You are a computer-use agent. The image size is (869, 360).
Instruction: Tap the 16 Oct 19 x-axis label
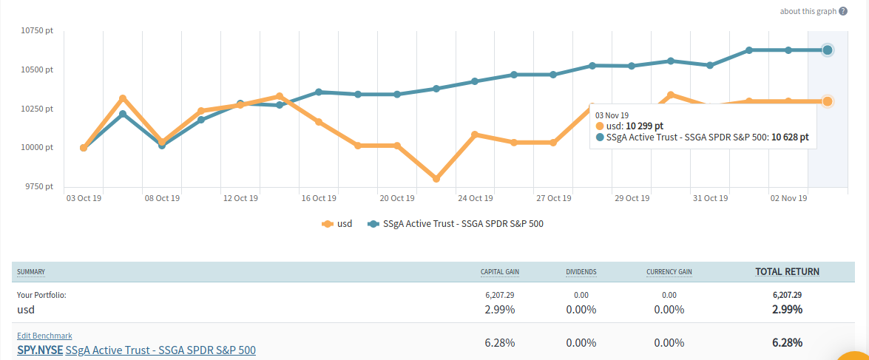pyautogui.click(x=319, y=198)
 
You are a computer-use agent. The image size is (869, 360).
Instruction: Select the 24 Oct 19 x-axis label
pyautogui.click(x=475, y=198)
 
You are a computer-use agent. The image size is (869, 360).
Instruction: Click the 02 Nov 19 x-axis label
pyautogui.click(x=788, y=198)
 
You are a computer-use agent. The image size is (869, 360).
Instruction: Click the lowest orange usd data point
pyautogui.click(x=436, y=179)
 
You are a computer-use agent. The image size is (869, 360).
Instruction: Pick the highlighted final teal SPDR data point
pyautogui.click(x=828, y=50)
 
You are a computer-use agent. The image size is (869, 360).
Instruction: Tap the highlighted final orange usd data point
pyautogui.click(x=828, y=101)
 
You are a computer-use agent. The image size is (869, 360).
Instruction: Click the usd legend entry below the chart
pyautogui.click(x=337, y=223)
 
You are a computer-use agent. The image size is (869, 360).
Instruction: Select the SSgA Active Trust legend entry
pyautogui.click(x=456, y=223)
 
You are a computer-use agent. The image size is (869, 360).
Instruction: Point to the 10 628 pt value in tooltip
pyautogui.click(x=789, y=137)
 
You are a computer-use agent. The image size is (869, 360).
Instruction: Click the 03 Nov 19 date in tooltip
pyautogui.click(x=612, y=115)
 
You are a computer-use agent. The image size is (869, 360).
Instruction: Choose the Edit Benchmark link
pyautogui.click(x=44, y=336)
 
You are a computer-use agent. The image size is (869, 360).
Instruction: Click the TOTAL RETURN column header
pyautogui.click(x=787, y=272)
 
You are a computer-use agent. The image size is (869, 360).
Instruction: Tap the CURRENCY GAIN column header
pyautogui.click(x=669, y=272)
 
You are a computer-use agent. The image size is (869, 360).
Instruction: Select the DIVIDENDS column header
pyautogui.click(x=581, y=272)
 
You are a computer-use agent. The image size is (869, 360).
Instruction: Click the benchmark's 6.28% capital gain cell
pyautogui.click(x=500, y=343)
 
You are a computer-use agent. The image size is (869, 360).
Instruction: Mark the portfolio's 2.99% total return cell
pyautogui.click(x=787, y=309)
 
